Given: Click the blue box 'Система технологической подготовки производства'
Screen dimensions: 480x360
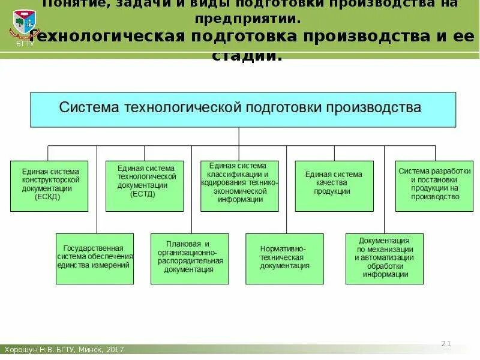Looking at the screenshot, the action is (x=243, y=109).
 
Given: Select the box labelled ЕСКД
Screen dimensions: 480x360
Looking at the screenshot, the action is (x=49, y=185).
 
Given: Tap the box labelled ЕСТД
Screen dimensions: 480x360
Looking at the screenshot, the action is (x=145, y=185).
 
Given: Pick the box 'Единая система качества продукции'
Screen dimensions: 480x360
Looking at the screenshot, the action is (x=334, y=185).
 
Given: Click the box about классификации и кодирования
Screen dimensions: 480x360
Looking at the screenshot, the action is (x=239, y=185).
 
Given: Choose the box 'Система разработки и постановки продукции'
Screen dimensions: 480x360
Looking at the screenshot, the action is (x=434, y=185).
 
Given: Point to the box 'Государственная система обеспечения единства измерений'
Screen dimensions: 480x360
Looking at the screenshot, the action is (x=95, y=259).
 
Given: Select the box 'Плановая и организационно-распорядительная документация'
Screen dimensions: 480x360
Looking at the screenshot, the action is (x=190, y=259).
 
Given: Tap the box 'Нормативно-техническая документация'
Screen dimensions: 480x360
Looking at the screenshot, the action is (x=284, y=259).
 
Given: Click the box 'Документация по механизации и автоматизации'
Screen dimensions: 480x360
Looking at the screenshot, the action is (x=384, y=259).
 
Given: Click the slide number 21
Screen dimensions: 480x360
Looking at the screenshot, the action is (x=445, y=343).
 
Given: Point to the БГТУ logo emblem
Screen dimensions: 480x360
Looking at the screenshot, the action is (x=24, y=23).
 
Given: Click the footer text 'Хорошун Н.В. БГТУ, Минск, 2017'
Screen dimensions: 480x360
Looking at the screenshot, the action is (x=64, y=350).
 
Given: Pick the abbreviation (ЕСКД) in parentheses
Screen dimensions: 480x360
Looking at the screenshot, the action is (x=47, y=196).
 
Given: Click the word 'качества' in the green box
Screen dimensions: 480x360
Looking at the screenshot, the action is (x=334, y=183).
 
